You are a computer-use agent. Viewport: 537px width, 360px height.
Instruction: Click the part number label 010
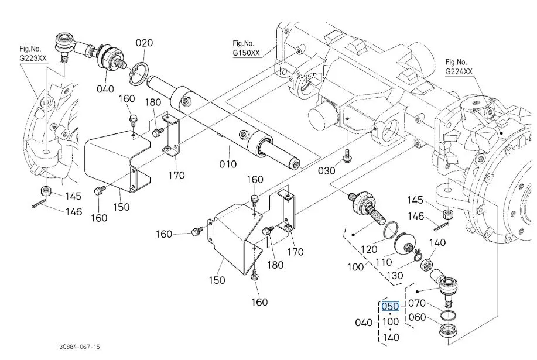pos(228,164)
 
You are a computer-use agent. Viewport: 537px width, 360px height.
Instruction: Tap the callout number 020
pos(144,43)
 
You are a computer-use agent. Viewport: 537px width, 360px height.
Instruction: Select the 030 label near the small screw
pos(326,170)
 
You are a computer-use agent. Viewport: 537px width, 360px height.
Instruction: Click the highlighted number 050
pos(391,306)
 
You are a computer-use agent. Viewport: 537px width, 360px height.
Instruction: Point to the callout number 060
pos(417,317)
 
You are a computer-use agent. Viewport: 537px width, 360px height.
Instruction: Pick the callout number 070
pos(417,303)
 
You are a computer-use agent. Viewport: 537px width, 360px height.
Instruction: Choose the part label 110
pos(384,262)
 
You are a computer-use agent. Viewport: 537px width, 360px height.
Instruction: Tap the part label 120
pos(368,249)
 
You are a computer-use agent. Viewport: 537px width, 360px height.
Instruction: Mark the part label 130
pos(395,275)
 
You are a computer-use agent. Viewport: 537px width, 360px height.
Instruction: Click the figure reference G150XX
pos(246,53)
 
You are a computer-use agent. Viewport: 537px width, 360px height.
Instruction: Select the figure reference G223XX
pos(33,58)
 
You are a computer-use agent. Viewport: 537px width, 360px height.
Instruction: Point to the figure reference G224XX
pos(459,71)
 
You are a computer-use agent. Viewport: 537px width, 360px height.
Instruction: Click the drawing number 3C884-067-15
pos(80,347)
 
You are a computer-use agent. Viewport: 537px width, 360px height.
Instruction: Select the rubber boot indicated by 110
pos(405,244)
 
